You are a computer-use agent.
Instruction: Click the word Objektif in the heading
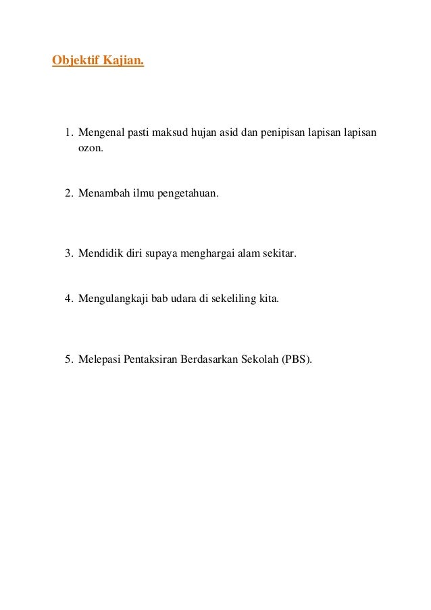tap(76, 62)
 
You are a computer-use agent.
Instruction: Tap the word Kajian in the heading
tap(123, 62)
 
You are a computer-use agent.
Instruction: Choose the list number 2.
tap(68, 193)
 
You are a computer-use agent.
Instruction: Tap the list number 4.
tap(68, 297)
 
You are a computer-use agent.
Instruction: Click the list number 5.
tap(68, 359)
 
